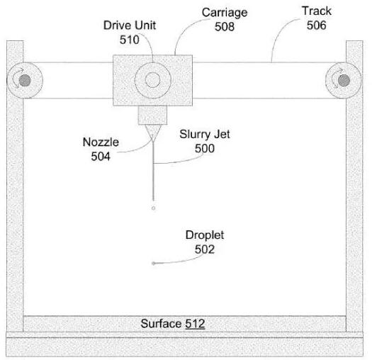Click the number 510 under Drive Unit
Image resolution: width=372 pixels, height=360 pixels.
click(129, 40)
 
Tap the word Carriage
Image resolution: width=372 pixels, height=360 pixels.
click(225, 13)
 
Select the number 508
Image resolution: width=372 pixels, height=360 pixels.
click(225, 26)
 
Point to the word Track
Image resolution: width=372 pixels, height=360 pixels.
click(317, 11)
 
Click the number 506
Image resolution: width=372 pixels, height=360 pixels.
click(317, 25)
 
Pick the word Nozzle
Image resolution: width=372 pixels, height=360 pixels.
click(101, 142)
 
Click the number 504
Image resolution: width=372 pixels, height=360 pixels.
click(101, 157)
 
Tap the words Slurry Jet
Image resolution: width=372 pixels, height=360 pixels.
click(205, 135)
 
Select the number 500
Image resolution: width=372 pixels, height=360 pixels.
click(205, 148)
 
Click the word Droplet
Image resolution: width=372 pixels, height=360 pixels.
click(205, 235)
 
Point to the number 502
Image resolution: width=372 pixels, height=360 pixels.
click(205, 249)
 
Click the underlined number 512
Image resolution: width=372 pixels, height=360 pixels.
click(195, 324)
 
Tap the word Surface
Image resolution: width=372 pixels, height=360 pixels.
click(161, 324)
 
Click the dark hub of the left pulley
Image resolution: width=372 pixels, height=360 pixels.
click(25, 81)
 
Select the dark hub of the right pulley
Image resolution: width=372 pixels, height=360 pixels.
click(344, 81)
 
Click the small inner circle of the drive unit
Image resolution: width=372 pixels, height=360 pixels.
click(153, 80)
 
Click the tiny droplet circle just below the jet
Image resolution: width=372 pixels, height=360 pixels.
click(153, 208)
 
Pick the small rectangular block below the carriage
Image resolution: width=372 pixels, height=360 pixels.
click(152, 115)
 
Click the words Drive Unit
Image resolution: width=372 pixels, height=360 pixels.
click(130, 26)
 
